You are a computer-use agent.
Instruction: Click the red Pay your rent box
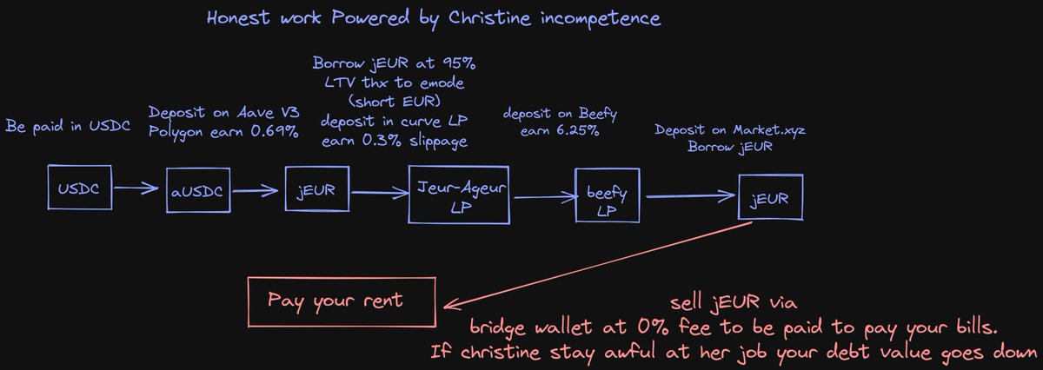tap(341, 301)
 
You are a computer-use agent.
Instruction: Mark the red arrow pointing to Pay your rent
tap(600, 261)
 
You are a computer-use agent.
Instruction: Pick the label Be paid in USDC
tap(68, 128)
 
